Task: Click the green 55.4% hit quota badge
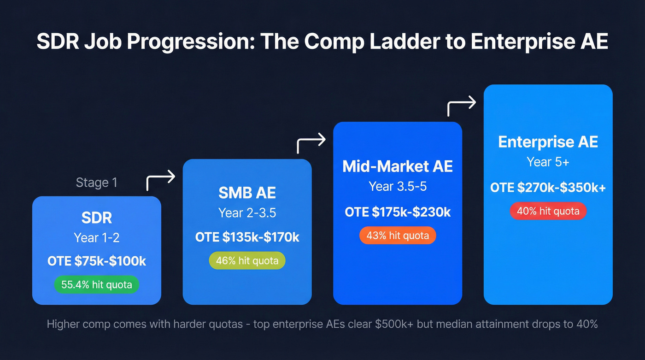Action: (97, 285)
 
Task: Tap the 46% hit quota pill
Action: (247, 261)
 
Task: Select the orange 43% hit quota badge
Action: (397, 236)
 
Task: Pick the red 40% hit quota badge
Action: (548, 212)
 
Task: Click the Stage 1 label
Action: (96, 183)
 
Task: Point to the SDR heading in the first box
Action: (97, 218)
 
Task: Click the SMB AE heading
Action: (247, 193)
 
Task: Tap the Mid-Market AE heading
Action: (397, 166)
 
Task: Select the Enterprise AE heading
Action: (548, 142)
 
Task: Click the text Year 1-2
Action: (97, 238)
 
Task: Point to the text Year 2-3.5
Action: (247, 213)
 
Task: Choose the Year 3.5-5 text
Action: (397, 187)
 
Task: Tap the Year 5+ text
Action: (548, 162)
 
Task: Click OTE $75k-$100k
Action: (97, 261)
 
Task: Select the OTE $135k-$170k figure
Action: (247, 237)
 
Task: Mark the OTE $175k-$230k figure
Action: (397, 212)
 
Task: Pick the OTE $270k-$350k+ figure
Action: (548, 188)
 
